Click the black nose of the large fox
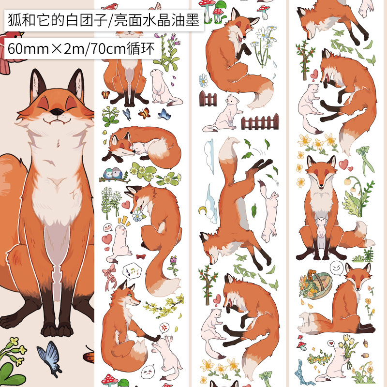click(57, 112)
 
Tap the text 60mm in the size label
click(28, 49)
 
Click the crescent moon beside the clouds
click(203, 210)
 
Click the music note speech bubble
click(132, 271)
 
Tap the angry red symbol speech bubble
click(164, 328)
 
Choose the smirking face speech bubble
click(337, 268)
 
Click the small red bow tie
click(141, 257)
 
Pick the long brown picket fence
click(260, 122)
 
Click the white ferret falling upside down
click(269, 212)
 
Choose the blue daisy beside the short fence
click(203, 80)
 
